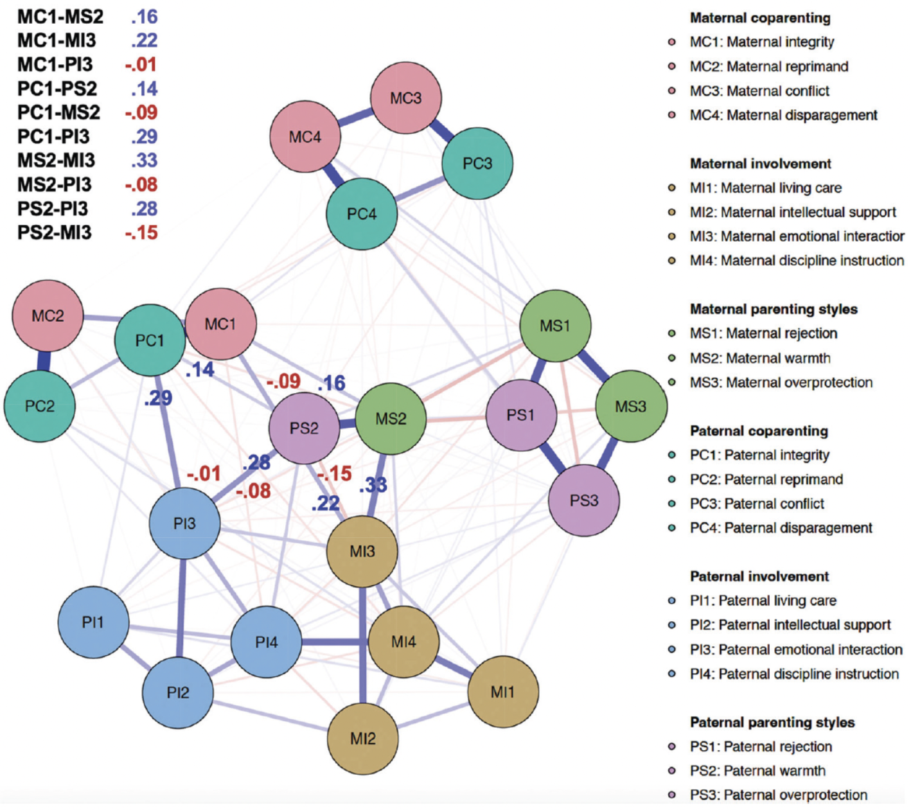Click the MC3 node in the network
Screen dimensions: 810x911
(x=406, y=98)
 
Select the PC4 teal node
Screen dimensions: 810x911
(x=362, y=214)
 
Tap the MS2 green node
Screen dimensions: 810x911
(x=391, y=419)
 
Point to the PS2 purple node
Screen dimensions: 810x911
(x=304, y=428)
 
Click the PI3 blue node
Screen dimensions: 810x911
(x=184, y=524)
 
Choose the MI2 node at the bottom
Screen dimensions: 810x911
(x=362, y=738)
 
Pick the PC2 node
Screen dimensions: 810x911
(x=40, y=406)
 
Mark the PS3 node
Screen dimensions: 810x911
(x=584, y=500)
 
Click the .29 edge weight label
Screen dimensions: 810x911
(x=158, y=398)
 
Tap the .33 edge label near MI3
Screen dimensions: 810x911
(x=373, y=485)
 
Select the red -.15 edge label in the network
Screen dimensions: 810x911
(x=335, y=474)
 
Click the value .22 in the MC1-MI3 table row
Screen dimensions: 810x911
(x=144, y=40)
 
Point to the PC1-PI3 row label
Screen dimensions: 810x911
(x=55, y=137)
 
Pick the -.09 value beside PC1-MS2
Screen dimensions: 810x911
(x=141, y=112)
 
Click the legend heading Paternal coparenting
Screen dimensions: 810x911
(x=759, y=431)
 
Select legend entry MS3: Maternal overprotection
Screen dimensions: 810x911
(x=781, y=383)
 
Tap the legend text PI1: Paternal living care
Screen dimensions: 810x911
(x=763, y=601)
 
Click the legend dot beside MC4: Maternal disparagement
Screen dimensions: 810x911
(x=672, y=116)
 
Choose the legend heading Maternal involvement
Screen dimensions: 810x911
(x=761, y=164)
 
